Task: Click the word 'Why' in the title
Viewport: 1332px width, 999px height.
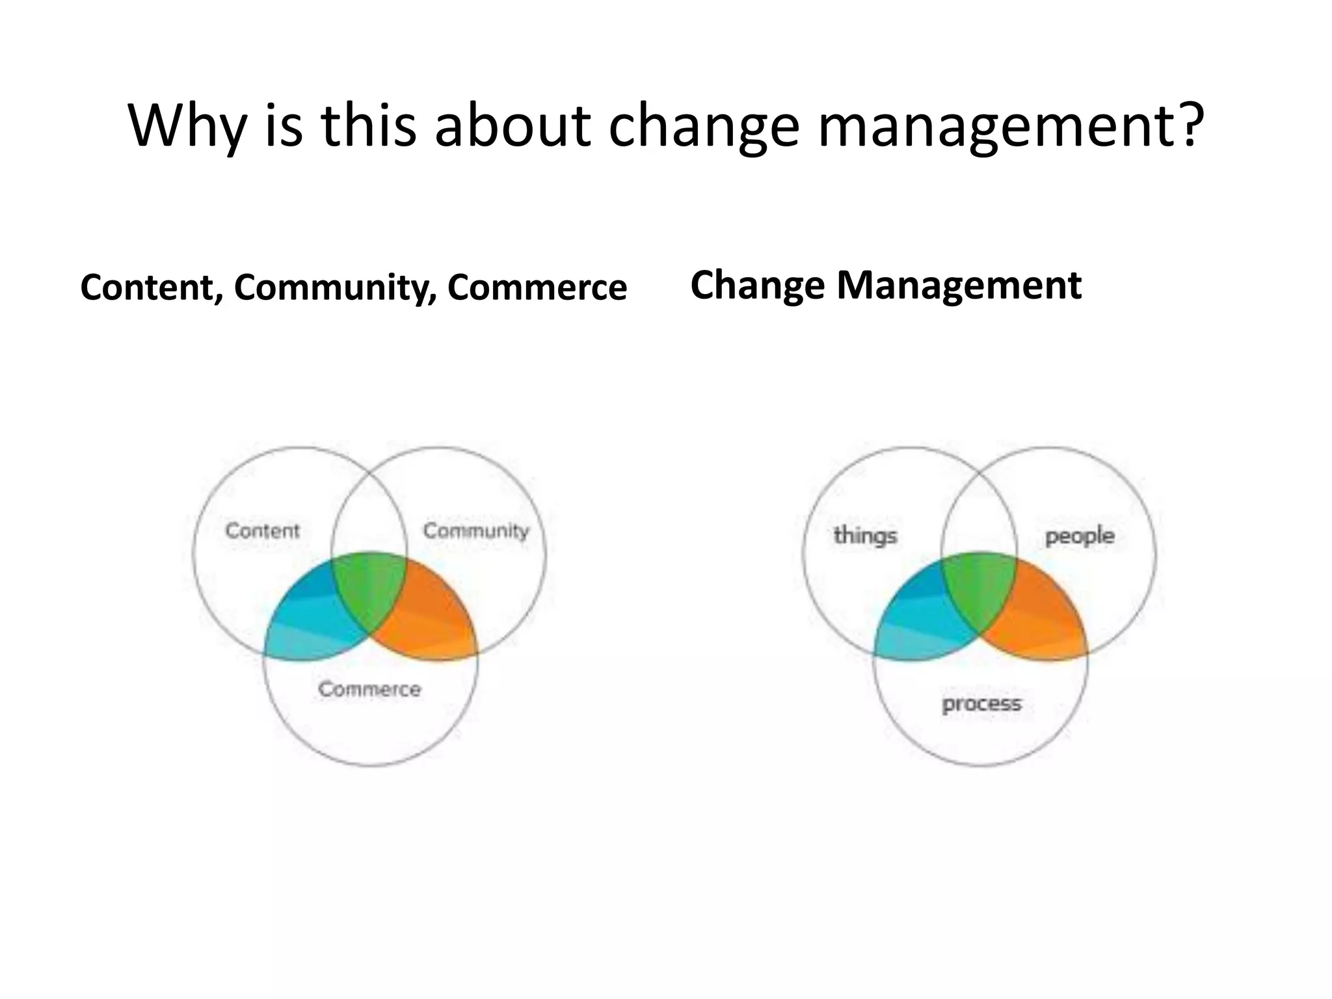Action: click(x=185, y=125)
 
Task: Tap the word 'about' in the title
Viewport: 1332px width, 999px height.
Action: click(x=513, y=125)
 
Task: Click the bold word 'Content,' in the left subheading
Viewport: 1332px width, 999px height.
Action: click(x=152, y=287)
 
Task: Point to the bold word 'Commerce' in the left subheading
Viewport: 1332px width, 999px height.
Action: click(x=537, y=287)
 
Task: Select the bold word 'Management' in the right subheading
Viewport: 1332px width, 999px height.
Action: click(x=959, y=285)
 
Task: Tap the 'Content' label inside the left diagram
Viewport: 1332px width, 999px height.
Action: click(x=263, y=531)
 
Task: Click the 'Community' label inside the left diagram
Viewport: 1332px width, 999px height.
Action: click(x=476, y=531)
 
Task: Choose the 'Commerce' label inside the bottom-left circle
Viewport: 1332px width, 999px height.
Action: click(x=369, y=689)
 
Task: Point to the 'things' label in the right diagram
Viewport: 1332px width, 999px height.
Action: click(x=865, y=535)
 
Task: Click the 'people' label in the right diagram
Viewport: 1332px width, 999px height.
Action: click(x=1080, y=536)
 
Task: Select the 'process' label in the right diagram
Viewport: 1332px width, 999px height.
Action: click(x=981, y=704)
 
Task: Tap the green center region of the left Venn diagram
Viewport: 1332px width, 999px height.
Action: click(x=369, y=589)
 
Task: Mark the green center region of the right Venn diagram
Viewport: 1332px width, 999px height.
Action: click(x=979, y=589)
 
